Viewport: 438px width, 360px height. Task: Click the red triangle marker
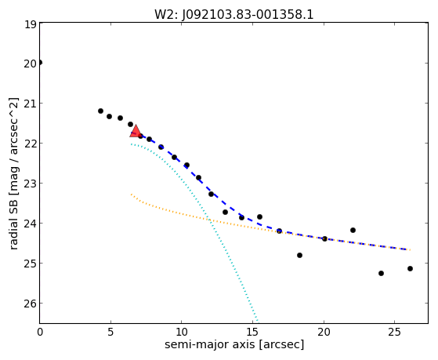tap(136, 131)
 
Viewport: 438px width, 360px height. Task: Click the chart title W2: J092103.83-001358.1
tap(234, 15)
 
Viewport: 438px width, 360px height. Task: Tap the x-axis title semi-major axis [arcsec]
tap(234, 344)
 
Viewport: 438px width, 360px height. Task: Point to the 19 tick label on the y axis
tap(31, 24)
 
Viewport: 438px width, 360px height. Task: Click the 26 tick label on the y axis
tap(31, 304)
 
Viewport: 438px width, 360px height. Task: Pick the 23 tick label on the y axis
tap(31, 184)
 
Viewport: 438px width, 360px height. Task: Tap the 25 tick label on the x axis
tap(394, 332)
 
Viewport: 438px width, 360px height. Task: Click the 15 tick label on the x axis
tap(252, 332)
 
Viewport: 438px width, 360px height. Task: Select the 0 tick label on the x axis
tap(40, 332)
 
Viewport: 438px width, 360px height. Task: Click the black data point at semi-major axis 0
tap(40, 63)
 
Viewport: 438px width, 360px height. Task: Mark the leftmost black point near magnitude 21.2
tap(100, 111)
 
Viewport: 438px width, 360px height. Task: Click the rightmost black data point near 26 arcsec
tap(410, 268)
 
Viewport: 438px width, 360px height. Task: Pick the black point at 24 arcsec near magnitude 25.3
tap(381, 273)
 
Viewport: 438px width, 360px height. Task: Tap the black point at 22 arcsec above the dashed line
tap(353, 231)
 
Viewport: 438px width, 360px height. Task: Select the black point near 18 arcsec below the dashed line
tap(300, 255)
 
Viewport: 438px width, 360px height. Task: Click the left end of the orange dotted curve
tap(131, 194)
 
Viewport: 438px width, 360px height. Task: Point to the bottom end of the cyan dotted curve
tap(257, 322)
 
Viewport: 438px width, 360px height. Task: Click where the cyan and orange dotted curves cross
tap(210, 220)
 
